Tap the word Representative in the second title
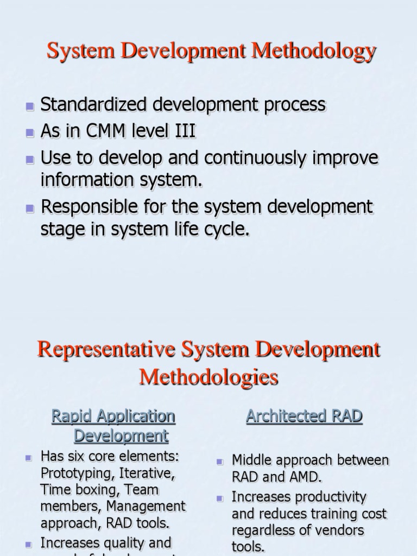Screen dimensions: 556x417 (106, 349)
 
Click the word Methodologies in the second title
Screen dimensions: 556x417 (208, 377)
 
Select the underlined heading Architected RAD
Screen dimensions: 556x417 (304, 416)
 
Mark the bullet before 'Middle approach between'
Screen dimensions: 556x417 (220, 462)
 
